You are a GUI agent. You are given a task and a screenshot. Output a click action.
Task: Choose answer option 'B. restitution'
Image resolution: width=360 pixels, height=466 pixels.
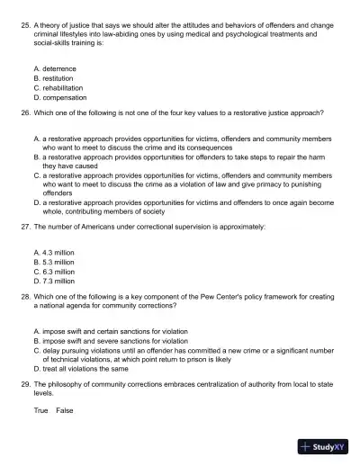(x=53, y=78)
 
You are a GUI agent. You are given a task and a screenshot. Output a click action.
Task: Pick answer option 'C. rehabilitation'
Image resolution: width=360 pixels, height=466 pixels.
(x=59, y=88)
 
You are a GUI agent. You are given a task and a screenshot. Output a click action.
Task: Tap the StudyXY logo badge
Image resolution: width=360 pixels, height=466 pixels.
(x=323, y=445)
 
